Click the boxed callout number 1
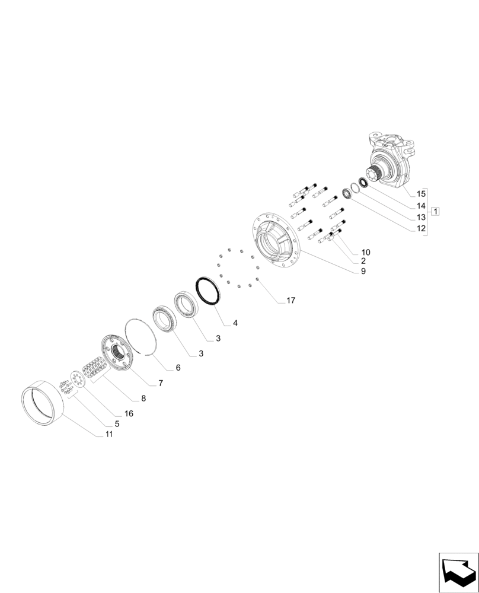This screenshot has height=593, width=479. click(x=435, y=211)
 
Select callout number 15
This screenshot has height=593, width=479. click(x=421, y=194)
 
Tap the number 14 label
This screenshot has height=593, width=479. click(x=421, y=205)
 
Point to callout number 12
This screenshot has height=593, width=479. click(x=421, y=228)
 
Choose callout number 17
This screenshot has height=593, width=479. click(x=290, y=301)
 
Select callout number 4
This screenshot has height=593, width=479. click(x=235, y=323)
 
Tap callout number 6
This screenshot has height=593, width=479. click(x=177, y=368)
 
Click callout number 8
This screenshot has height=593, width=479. click(x=143, y=398)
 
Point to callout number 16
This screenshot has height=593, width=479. click(x=129, y=413)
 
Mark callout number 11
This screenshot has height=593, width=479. click(x=108, y=435)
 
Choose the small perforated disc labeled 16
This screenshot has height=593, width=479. click(x=76, y=380)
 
